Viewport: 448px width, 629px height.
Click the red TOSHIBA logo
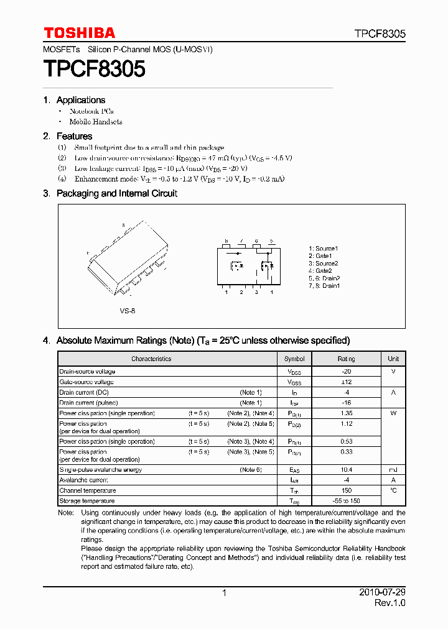point(79,33)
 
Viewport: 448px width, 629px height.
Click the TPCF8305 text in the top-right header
point(380,34)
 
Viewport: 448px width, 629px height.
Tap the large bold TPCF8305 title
point(94,69)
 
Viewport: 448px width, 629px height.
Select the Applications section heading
point(80,100)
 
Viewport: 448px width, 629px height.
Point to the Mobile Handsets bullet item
point(95,122)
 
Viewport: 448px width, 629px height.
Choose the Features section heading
point(74,136)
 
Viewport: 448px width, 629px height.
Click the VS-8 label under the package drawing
point(128,310)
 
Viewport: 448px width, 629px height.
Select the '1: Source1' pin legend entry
point(323,249)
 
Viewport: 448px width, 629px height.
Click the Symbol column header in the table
point(294,359)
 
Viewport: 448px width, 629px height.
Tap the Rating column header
point(347,359)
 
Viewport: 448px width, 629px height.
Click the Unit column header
point(393,359)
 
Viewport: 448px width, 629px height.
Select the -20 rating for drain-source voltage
point(347,371)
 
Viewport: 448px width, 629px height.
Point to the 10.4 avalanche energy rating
point(347,470)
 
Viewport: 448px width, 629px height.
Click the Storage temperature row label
point(87,501)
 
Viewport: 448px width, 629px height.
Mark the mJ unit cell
point(393,470)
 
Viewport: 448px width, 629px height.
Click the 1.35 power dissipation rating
point(347,413)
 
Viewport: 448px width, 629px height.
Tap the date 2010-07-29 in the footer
point(383,593)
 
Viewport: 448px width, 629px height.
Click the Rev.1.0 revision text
point(390,604)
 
